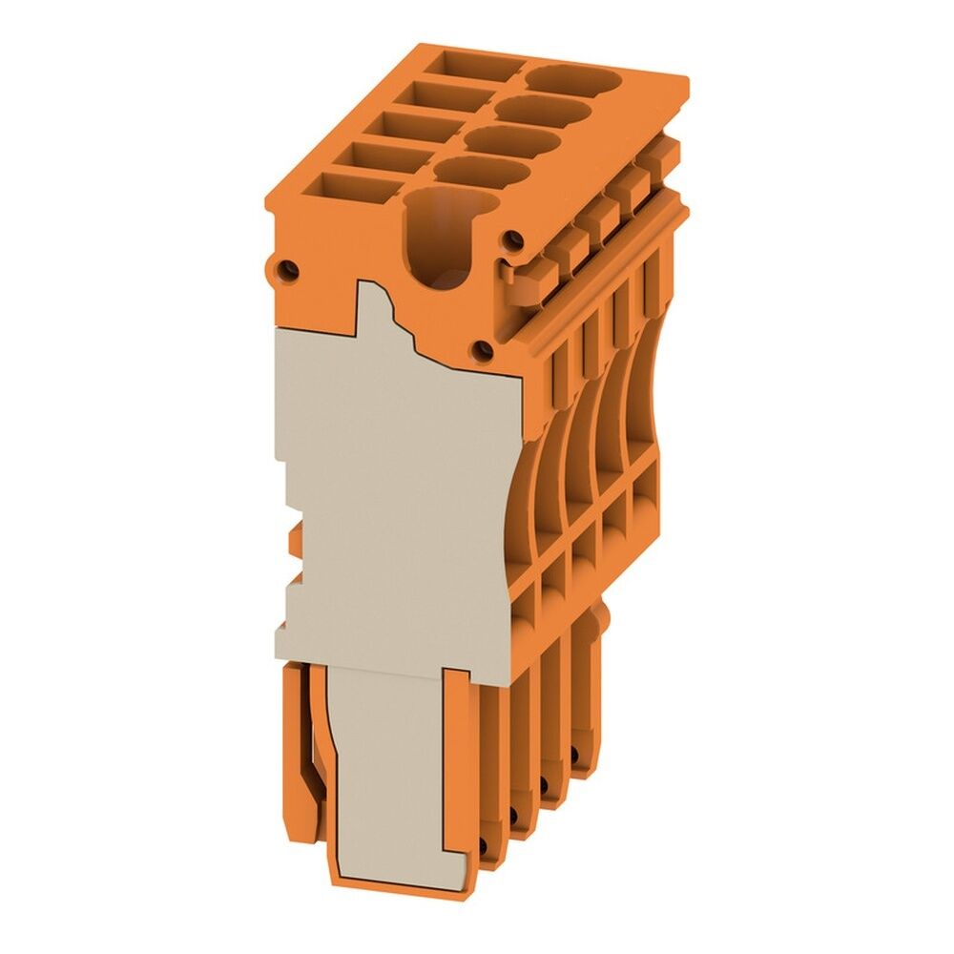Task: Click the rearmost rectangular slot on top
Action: click(x=473, y=67)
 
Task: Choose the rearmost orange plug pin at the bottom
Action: click(x=587, y=696)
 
